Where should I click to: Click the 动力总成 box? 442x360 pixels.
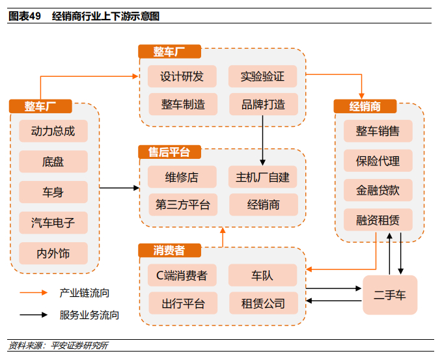point(53,131)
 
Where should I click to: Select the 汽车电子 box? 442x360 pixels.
point(53,223)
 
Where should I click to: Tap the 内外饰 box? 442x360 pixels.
point(53,253)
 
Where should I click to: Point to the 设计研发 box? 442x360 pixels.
point(182,76)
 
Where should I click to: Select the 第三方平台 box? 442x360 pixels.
point(182,204)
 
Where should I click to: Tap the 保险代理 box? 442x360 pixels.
point(378,160)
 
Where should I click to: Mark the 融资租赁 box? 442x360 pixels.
point(378,220)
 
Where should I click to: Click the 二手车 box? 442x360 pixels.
point(389,294)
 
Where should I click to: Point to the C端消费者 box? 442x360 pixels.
point(182,275)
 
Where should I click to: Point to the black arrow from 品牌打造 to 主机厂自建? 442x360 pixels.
point(262,139)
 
